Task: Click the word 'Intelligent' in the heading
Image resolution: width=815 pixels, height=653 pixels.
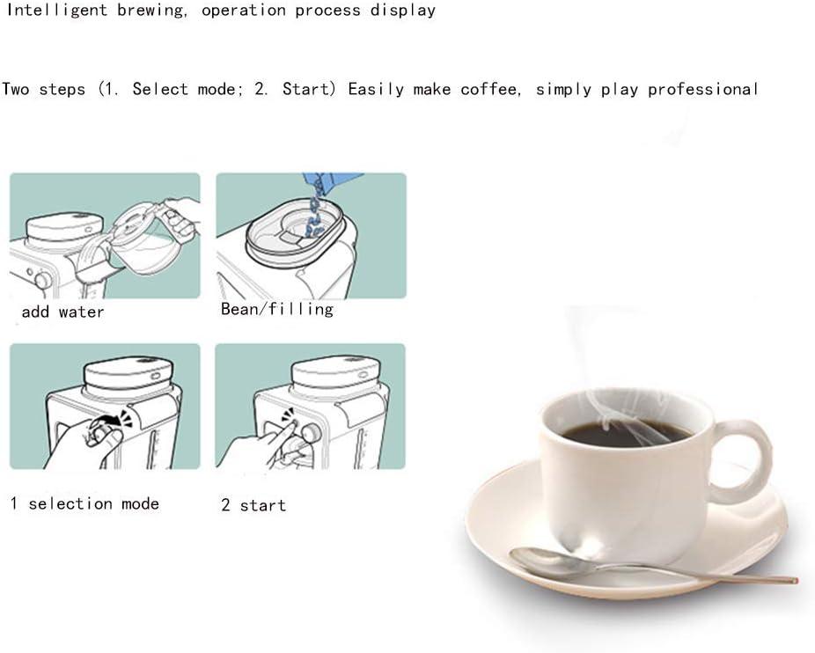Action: point(56,11)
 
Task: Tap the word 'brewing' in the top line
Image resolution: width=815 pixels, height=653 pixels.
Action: point(151,11)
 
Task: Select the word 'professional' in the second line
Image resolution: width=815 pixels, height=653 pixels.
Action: point(702,90)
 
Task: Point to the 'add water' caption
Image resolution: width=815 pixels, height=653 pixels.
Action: point(62,312)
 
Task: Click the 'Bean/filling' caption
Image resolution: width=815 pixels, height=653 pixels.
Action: point(277,310)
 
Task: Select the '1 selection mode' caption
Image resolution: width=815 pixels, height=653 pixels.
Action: point(84,503)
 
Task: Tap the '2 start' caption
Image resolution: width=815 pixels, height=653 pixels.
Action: point(253,505)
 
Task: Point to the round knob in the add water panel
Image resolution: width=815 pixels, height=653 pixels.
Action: point(42,281)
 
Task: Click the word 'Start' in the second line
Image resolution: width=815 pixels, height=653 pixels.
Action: point(306,89)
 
